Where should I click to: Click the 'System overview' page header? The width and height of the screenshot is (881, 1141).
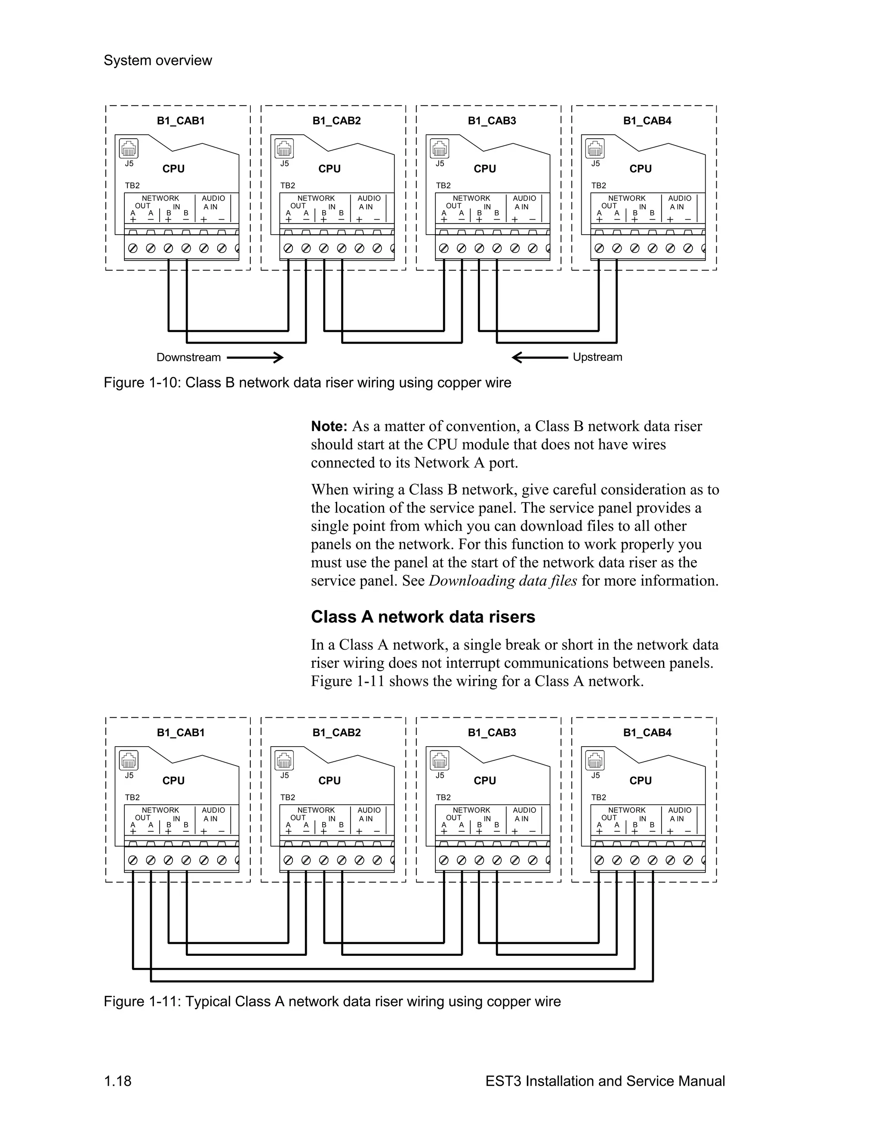(157, 61)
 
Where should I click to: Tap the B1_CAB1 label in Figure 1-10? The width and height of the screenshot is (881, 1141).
(181, 121)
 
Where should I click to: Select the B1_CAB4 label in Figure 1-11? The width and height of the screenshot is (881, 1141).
(647, 732)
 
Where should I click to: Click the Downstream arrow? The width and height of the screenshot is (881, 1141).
(255, 357)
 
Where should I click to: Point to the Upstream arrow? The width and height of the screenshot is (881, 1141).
(540, 357)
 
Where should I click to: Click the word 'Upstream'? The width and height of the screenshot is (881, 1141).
(597, 357)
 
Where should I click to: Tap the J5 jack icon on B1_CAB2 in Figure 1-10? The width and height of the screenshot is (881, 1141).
(284, 149)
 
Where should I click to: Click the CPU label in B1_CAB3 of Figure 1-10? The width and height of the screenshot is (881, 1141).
(485, 169)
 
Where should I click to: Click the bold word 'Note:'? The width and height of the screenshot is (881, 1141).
(329, 426)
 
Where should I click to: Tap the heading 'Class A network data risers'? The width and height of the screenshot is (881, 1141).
(423, 617)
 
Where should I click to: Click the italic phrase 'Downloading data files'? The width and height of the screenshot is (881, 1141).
(502, 581)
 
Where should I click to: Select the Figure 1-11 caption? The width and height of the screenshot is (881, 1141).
(332, 1001)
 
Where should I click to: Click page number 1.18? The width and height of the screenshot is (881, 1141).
(117, 1081)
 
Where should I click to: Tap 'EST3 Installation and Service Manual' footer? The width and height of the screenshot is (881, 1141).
(605, 1081)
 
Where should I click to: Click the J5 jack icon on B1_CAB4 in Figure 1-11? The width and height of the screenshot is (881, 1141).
(595, 761)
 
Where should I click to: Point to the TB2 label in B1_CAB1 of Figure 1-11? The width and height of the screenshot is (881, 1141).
(132, 797)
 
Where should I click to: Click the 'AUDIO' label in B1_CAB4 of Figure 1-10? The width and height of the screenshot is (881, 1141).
(680, 198)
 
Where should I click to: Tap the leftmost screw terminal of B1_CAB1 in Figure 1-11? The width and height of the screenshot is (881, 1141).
(133, 860)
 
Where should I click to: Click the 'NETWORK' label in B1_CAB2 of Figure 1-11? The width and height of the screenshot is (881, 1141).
(316, 810)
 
